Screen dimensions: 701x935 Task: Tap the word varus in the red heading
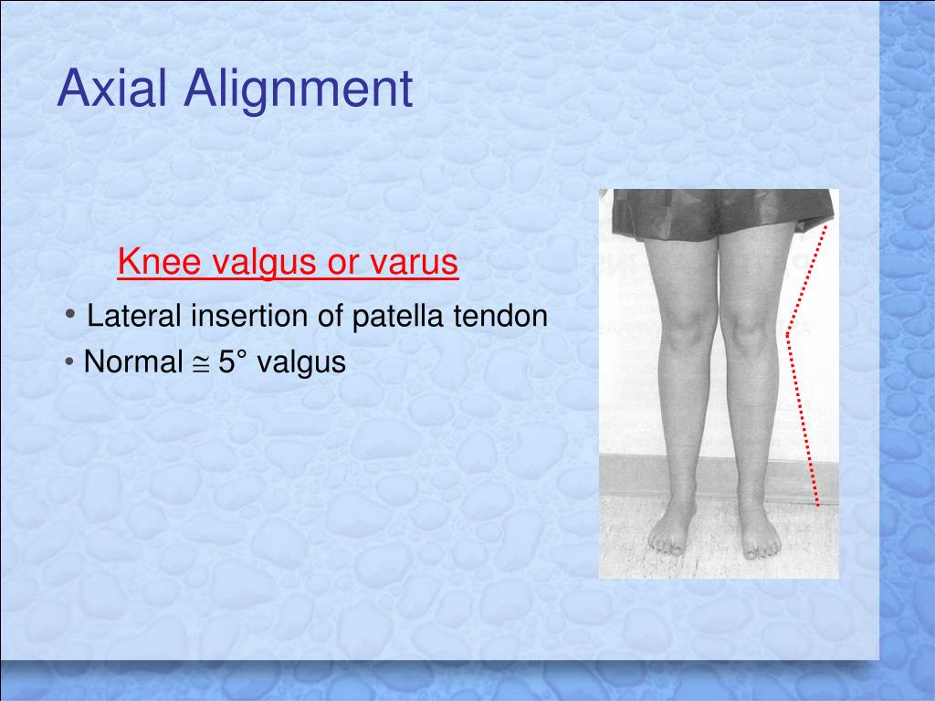click(x=414, y=263)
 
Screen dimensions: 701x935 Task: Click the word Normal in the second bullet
click(x=133, y=362)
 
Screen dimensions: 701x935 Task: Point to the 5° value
click(x=234, y=362)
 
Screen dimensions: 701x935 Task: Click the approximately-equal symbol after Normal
click(x=200, y=363)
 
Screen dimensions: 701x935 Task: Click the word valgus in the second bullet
click(x=301, y=364)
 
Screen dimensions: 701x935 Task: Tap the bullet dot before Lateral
click(x=71, y=315)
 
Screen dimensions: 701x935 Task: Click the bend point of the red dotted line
click(x=788, y=334)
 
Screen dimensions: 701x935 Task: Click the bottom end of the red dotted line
click(x=817, y=503)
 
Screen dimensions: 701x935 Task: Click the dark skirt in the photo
click(x=721, y=214)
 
